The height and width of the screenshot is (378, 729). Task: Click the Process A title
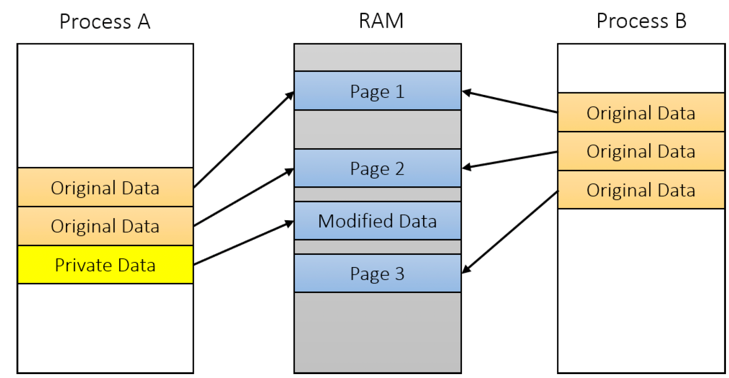click(x=105, y=22)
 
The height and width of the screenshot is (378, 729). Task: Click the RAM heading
click(x=381, y=21)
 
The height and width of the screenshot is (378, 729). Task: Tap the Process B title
click(x=641, y=21)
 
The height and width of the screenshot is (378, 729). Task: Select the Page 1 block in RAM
click(x=378, y=91)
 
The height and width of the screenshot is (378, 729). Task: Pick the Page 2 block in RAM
click(x=378, y=168)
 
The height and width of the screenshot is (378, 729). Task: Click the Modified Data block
click(x=378, y=221)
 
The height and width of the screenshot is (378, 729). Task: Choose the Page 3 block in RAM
click(x=378, y=274)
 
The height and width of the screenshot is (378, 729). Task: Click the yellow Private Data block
click(x=105, y=265)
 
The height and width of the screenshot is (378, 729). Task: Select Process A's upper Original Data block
click(x=105, y=187)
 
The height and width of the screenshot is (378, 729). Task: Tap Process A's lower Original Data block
click(x=105, y=226)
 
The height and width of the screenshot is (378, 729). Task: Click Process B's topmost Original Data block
click(x=641, y=112)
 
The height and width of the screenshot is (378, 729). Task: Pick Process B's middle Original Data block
click(x=641, y=151)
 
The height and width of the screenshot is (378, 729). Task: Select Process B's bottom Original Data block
click(x=641, y=190)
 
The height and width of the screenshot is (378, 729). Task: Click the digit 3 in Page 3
click(x=400, y=274)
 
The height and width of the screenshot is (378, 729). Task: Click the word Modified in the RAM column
click(x=356, y=221)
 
